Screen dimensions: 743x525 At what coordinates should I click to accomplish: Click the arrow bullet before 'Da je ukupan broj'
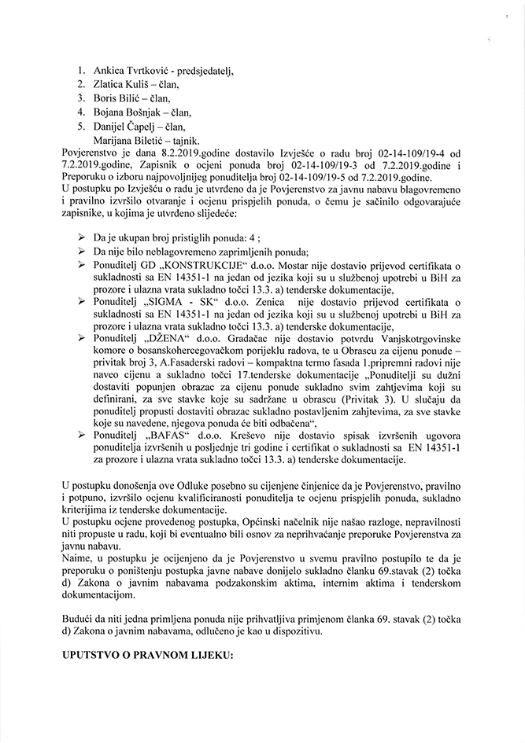click(82, 237)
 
